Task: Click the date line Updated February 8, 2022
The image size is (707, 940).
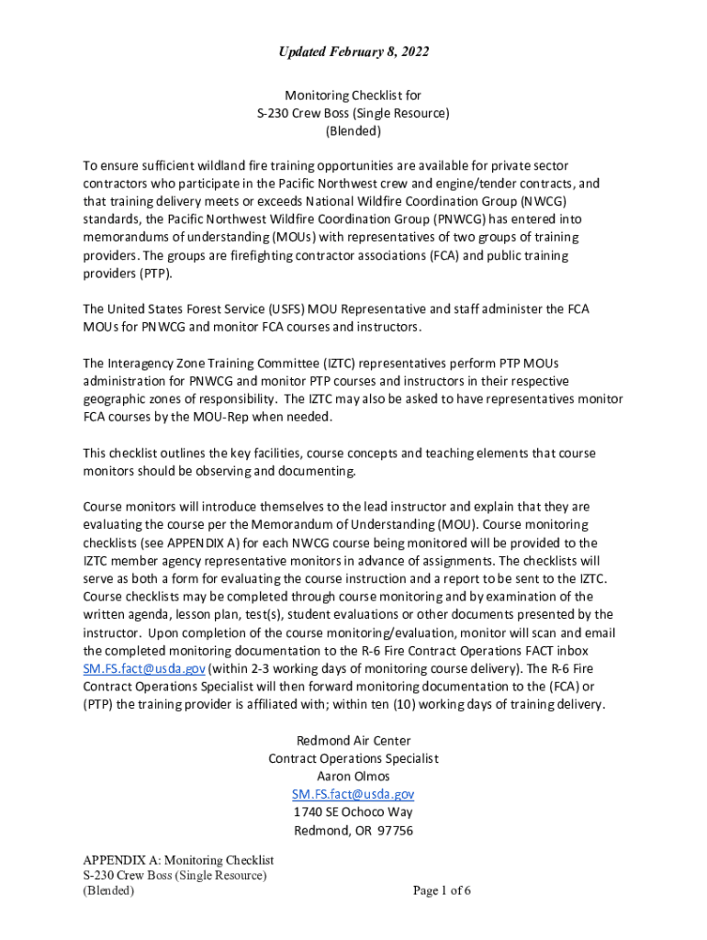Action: (x=353, y=52)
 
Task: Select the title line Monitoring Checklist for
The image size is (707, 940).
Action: (x=353, y=95)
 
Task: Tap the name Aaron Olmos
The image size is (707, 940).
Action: (x=353, y=777)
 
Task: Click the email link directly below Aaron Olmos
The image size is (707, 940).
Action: (x=353, y=794)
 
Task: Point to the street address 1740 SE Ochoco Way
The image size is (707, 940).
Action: (x=353, y=812)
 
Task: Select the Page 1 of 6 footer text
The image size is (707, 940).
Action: (x=442, y=890)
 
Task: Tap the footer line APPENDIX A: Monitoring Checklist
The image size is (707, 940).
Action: (x=179, y=860)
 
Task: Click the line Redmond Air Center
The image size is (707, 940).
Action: (x=353, y=741)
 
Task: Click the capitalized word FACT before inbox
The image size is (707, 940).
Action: (x=543, y=651)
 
